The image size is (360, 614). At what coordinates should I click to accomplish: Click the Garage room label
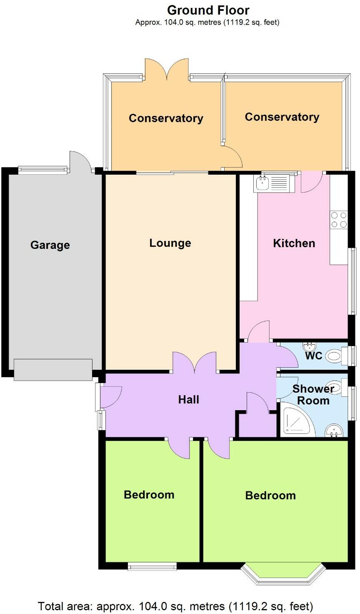50,245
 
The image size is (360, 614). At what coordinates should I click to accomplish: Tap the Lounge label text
170,243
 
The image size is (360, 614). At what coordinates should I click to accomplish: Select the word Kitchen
294,243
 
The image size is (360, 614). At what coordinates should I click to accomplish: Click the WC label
313,356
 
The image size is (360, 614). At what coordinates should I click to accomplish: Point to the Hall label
188,399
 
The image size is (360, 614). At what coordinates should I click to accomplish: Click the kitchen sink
263,182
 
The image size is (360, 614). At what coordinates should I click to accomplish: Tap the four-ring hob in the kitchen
338,220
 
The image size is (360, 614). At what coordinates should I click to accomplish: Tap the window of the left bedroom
152,566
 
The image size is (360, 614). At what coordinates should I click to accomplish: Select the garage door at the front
53,369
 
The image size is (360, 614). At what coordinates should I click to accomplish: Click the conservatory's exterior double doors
167,69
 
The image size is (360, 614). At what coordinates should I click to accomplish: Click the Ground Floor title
208,10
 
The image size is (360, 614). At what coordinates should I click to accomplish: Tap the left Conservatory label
166,118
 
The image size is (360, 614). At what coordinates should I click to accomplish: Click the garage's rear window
43,169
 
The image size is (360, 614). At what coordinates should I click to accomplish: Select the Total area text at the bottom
175,606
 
